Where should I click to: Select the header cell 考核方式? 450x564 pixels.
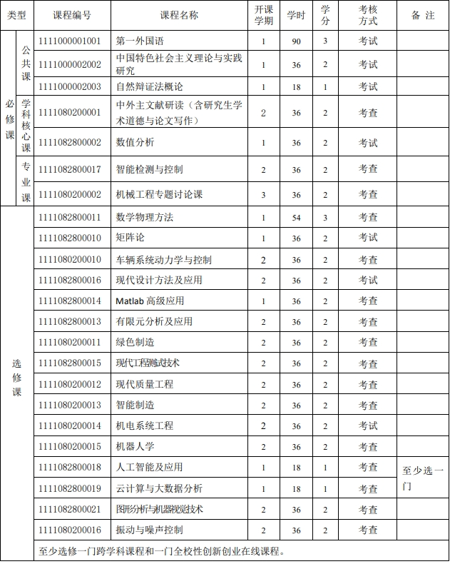coord(368,15)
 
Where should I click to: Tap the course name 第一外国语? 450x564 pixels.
coord(139,41)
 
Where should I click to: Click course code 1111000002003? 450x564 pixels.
coord(70,86)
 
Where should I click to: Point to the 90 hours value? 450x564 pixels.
coord(297,41)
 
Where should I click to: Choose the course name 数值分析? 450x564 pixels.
coord(135,142)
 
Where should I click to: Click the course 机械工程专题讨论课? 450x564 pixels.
coord(159,194)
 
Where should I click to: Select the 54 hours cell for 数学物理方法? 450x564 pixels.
coord(297,217)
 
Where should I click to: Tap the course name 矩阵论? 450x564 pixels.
coord(130,237)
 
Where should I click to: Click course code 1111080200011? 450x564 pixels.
coord(70,343)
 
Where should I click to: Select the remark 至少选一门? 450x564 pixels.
coord(423,478)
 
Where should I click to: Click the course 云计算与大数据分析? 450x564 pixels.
coord(159,488)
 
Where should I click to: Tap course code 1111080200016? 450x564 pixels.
coord(70,530)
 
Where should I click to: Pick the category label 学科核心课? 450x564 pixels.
coord(26,126)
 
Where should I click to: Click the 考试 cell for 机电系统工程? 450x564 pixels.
coord(368,425)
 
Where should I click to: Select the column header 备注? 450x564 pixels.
coord(423,15)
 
